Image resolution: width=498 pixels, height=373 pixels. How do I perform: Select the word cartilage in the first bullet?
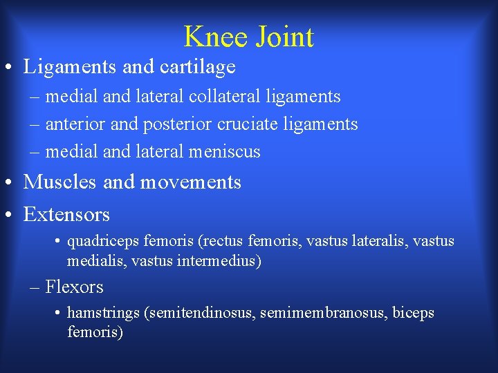click(201, 67)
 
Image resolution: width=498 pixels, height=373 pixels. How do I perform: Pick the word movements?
click(191, 182)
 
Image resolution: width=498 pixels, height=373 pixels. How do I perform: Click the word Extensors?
click(66, 215)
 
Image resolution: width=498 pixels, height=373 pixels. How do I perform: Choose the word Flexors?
click(74, 287)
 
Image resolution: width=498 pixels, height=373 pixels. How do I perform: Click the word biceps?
click(414, 314)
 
